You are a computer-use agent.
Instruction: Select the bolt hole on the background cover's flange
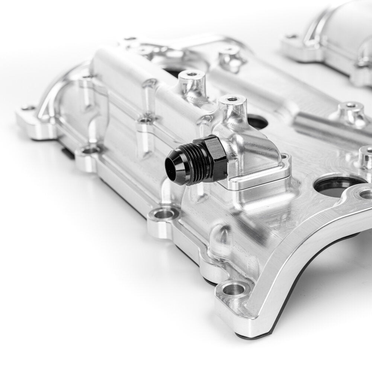click(x=291, y=37)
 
